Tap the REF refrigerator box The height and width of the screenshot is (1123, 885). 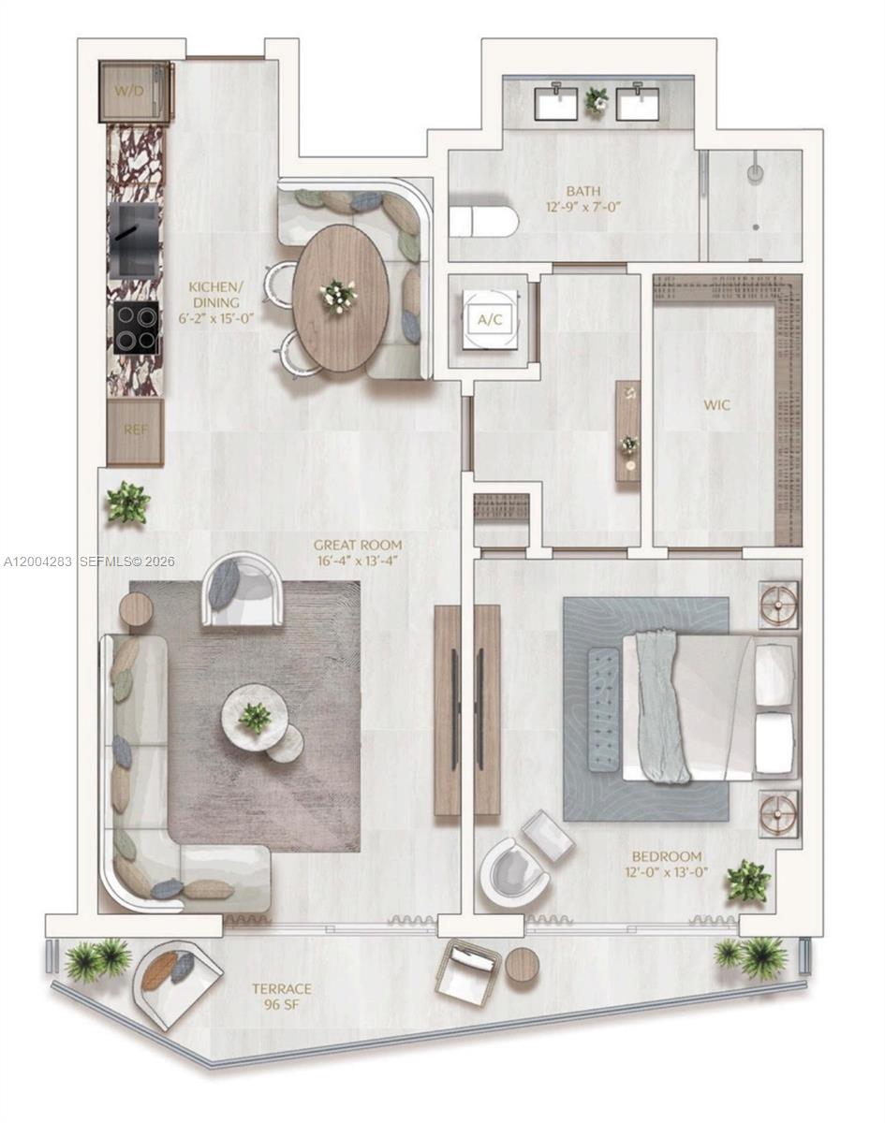tap(135, 431)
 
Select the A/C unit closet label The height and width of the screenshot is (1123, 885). tap(490, 320)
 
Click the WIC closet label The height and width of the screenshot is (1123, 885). tap(717, 406)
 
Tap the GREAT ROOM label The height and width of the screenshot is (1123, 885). tap(358, 545)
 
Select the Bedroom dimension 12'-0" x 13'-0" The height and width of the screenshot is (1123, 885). tap(666, 872)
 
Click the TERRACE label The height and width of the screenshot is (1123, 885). tap(281, 988)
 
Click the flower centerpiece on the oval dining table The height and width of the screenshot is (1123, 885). tap(338, 296)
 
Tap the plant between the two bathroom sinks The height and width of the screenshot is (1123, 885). tap(597, 99)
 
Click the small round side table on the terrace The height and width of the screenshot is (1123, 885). tap(523, 965)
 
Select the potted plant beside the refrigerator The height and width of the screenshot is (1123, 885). tap(127, 503)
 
